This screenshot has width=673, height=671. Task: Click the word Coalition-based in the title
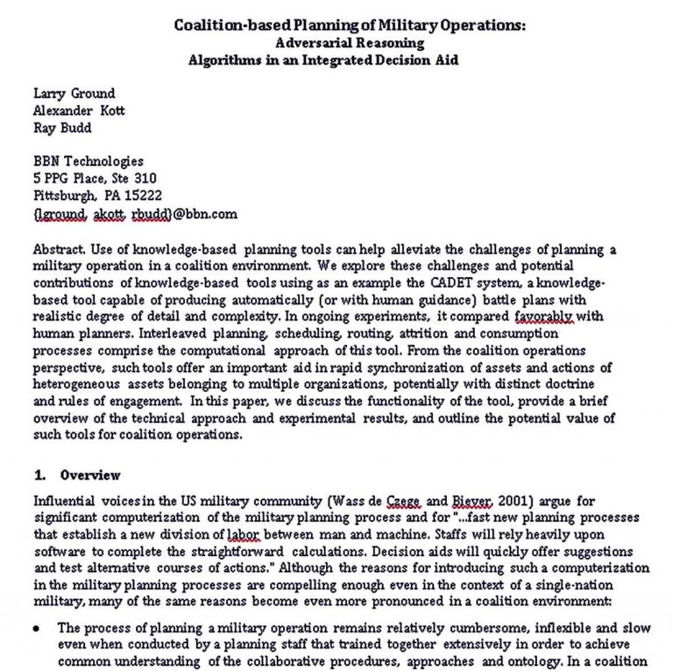click(225, 25)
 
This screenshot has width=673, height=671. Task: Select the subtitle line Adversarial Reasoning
click(349, 42)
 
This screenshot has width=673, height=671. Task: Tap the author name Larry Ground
click(74, 93)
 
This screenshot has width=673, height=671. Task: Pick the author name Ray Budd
click(63, 127)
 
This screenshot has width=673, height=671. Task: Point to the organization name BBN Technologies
click(88, 161)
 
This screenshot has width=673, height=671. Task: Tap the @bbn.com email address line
click(135, 213)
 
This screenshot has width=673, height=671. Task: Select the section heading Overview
click(90, 475)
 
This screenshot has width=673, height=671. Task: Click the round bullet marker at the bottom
click(36, 628)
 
